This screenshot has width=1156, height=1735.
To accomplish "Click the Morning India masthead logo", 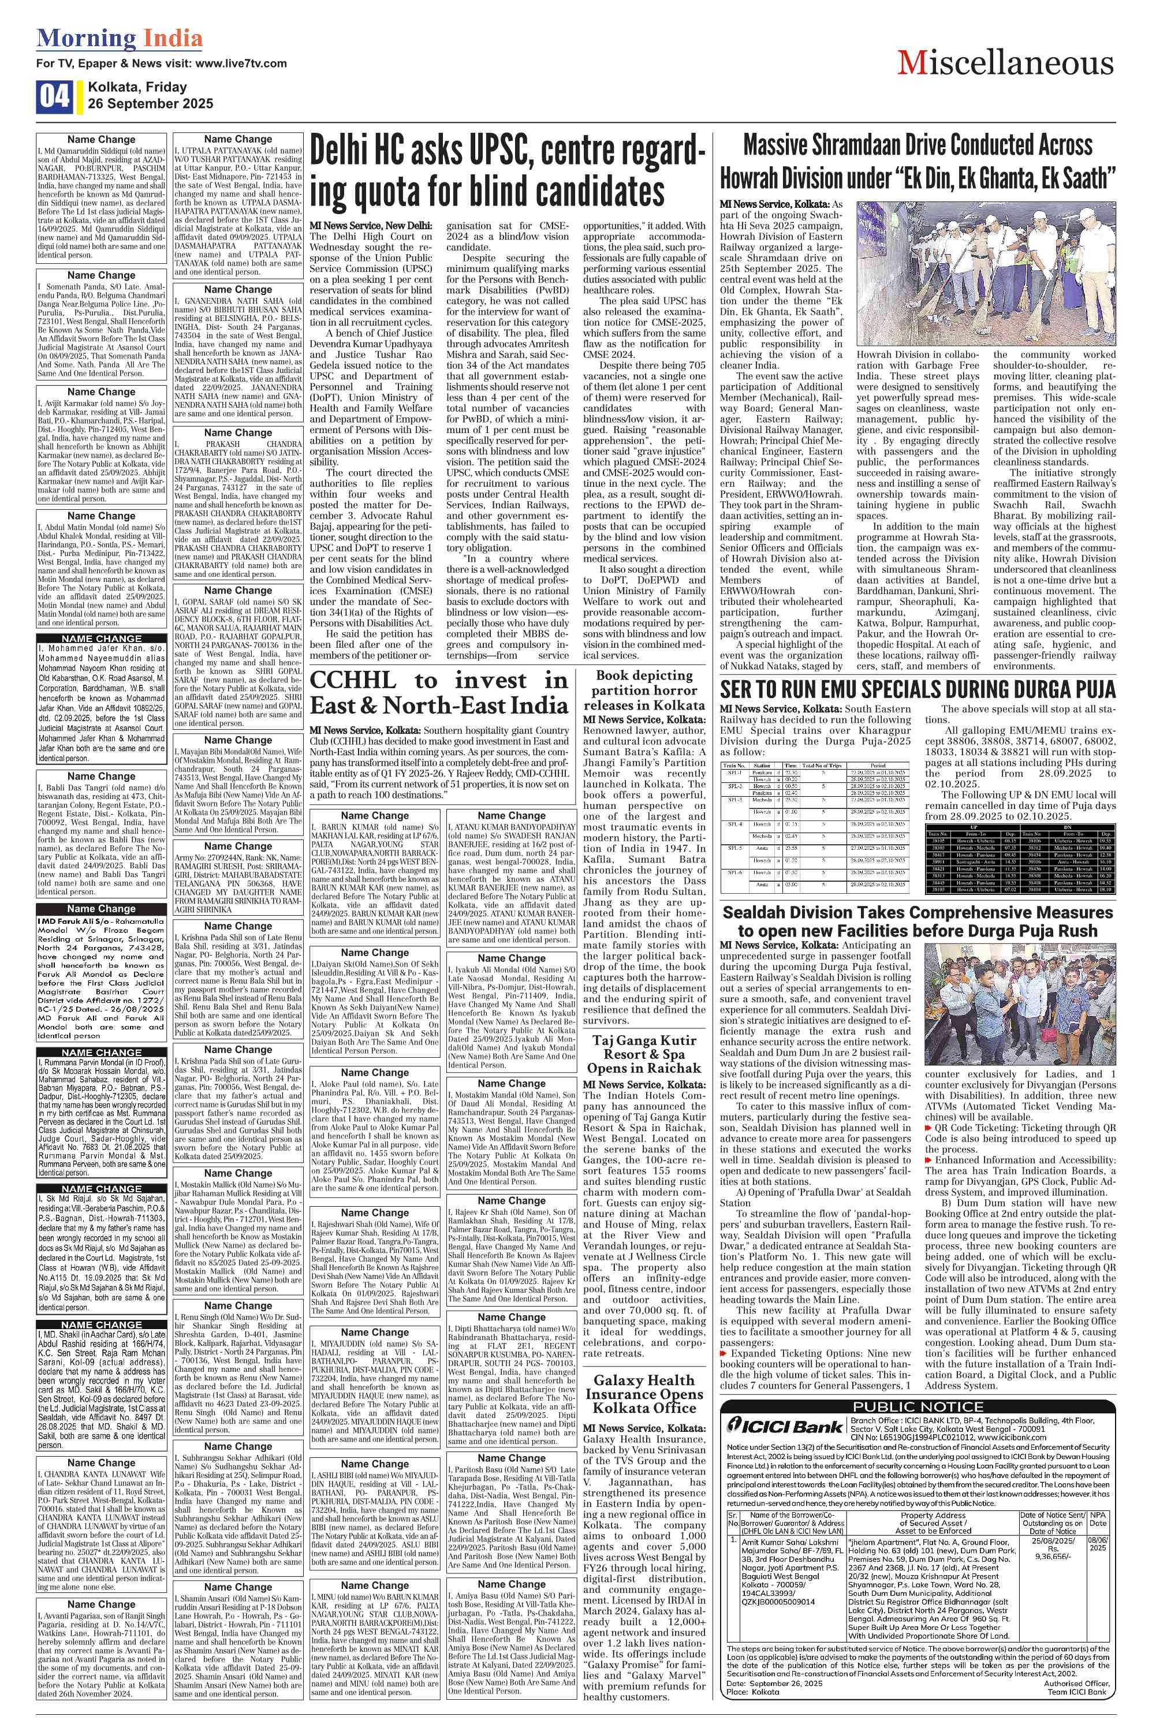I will tap(120, 38).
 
